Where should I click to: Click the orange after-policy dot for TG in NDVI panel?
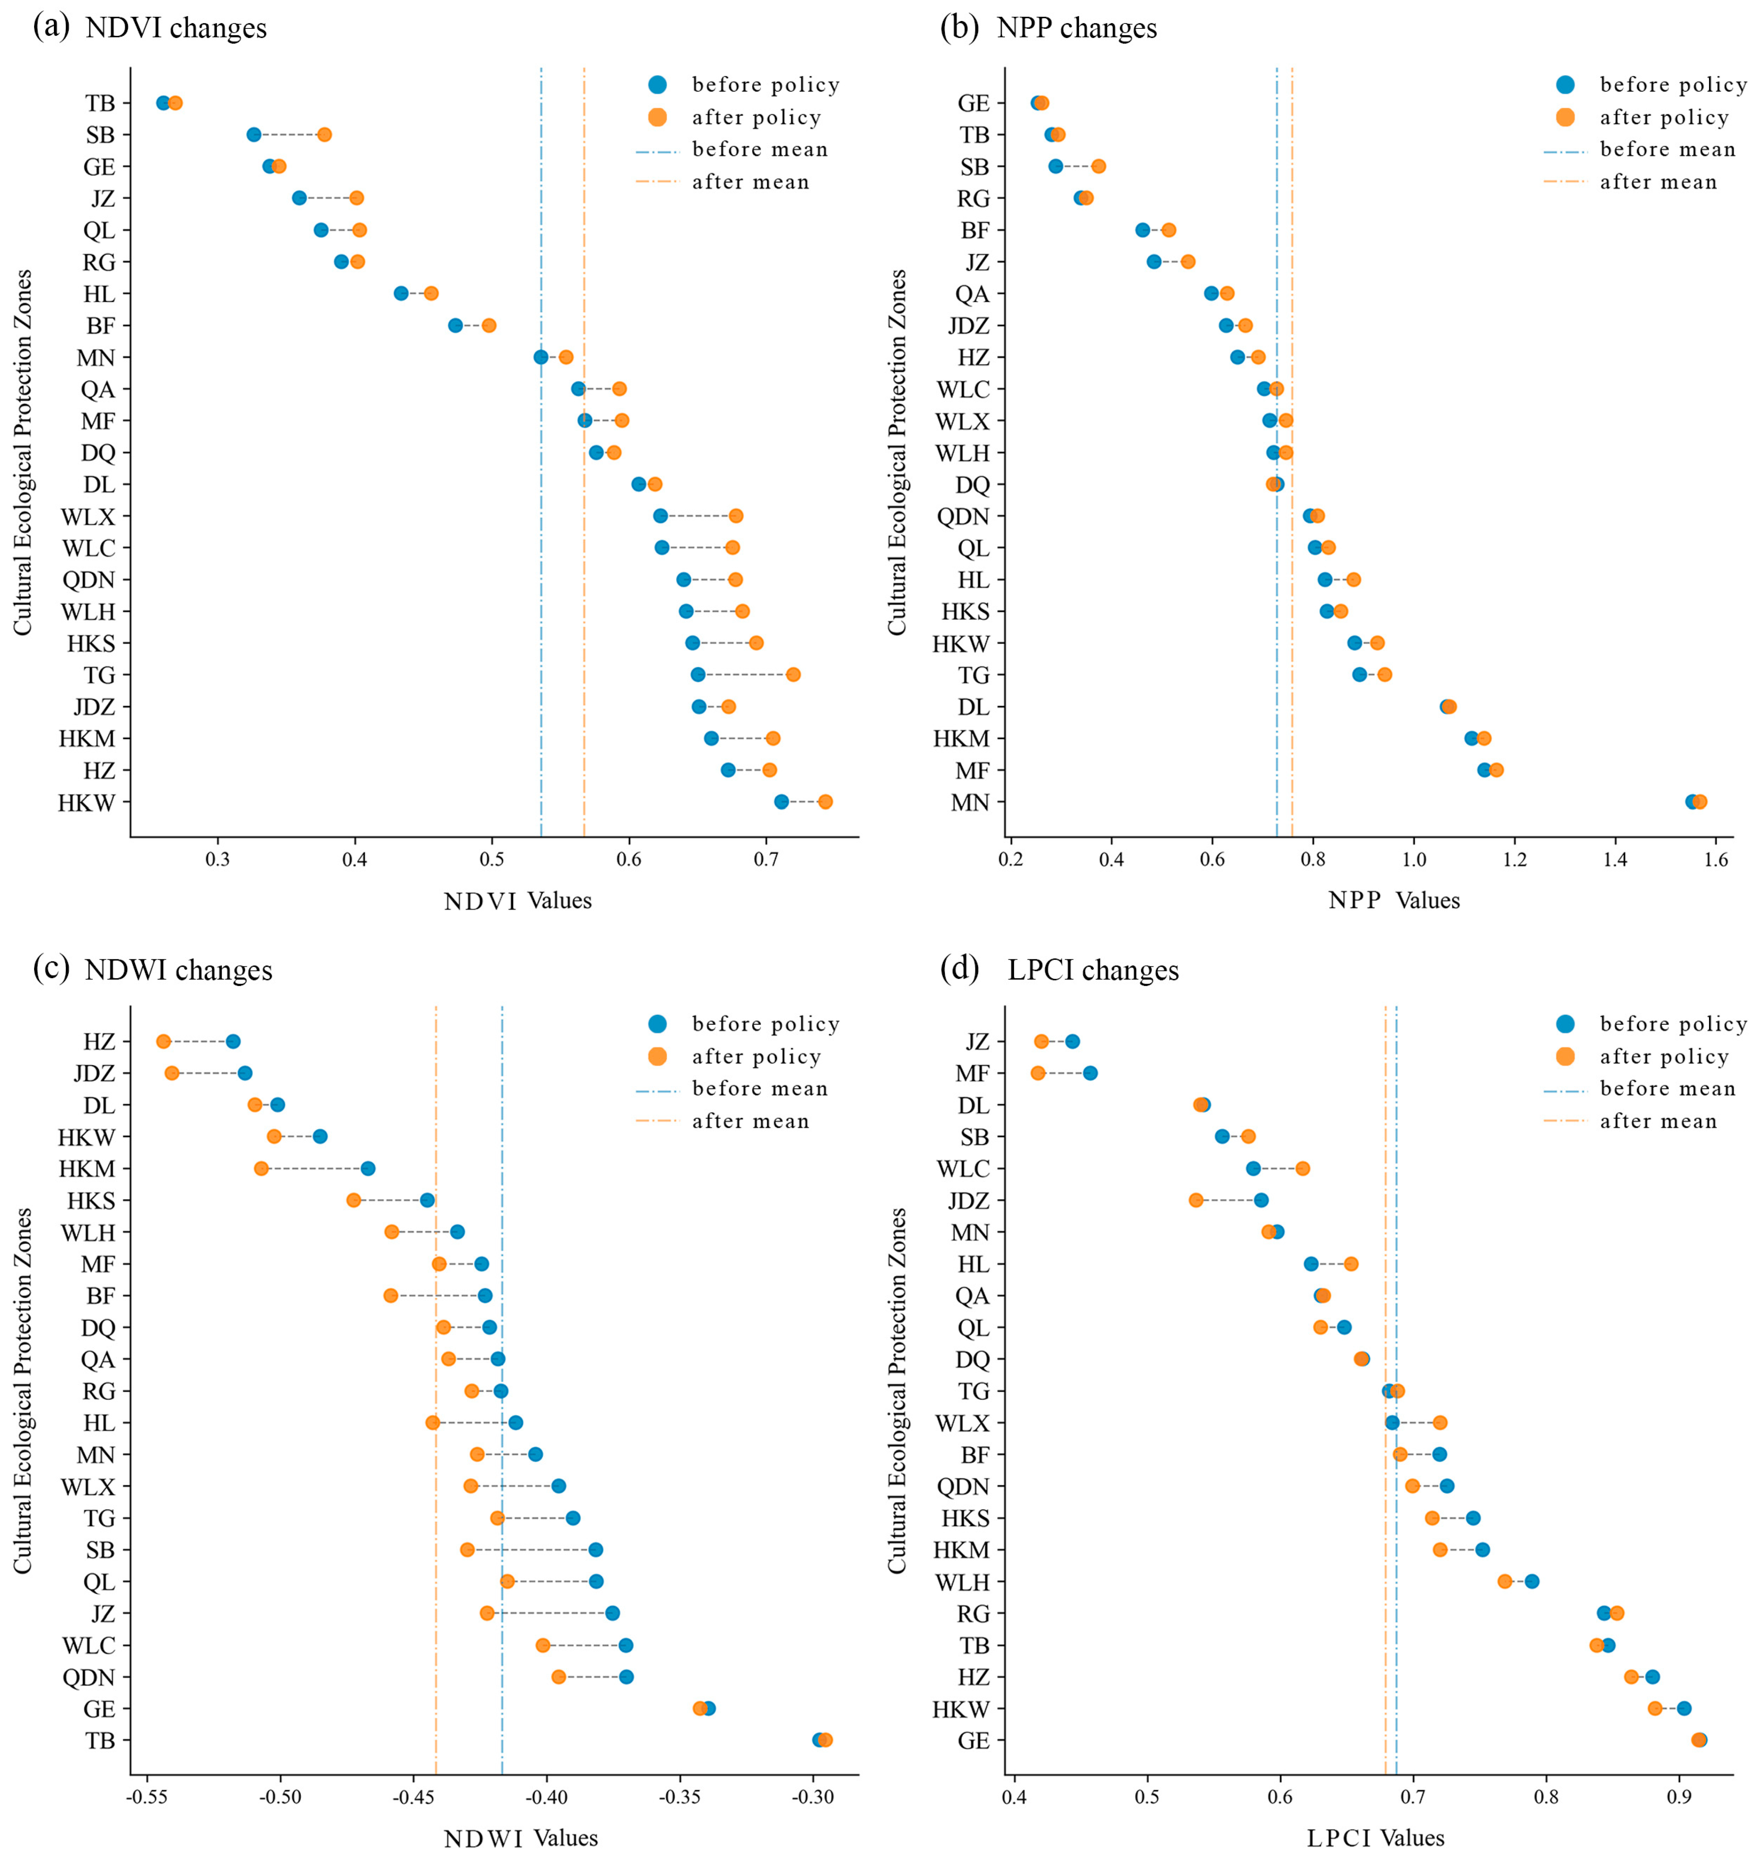click(793, 675)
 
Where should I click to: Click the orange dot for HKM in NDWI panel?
click(261, 1168)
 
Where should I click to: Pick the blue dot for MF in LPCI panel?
click(1090, 1073)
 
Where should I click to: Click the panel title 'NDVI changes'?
click(176, 28)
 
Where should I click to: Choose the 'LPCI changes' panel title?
click(1093, 970)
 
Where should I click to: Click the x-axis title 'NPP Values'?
click(1394, 900)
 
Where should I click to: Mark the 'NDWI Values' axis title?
click(521, 1838)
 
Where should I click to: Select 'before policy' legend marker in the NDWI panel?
click(658, 1024)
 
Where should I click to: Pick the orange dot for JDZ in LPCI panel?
click(1196, 1200)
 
